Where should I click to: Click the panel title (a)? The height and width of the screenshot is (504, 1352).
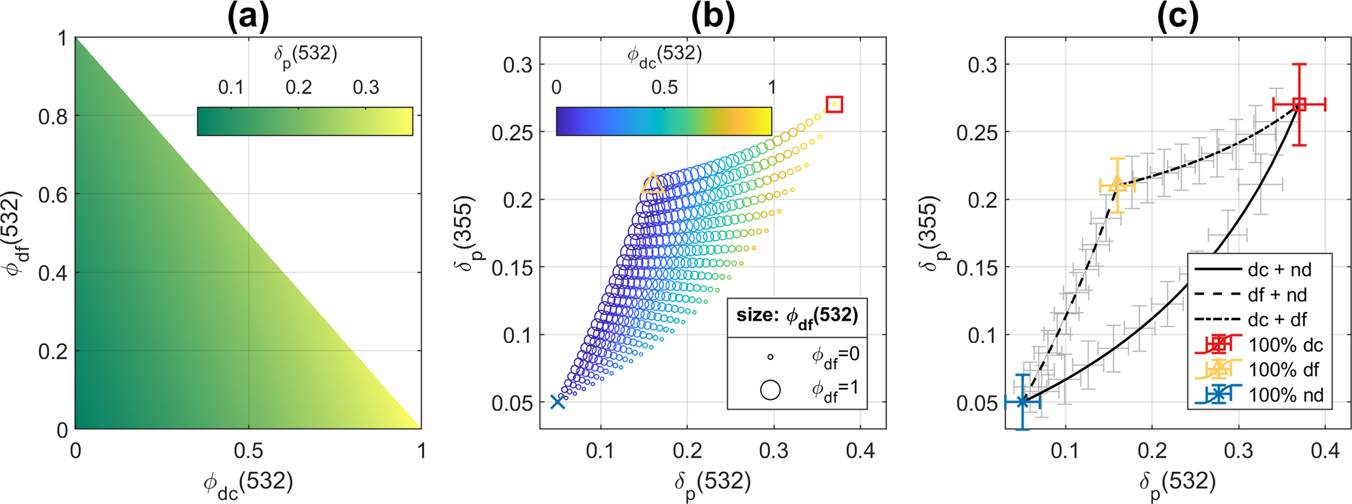(x=248, y=17)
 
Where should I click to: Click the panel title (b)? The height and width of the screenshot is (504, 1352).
(x=712, y=17)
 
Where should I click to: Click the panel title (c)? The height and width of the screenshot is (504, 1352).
(x=1177, y=17)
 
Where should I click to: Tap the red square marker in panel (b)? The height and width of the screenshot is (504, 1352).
(x=834, y=104)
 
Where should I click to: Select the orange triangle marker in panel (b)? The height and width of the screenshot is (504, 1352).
(x=652, y=183)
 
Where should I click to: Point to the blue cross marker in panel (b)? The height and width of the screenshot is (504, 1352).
(x=557, y=402)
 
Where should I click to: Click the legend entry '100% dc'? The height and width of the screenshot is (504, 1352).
(x=1285, y=345)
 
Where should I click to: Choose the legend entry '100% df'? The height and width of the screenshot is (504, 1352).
(x=1285, y=370)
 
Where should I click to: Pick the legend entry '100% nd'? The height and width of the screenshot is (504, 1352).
(x=1285, y=395)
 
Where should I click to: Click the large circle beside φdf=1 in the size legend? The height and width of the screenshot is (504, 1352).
(x=771, y=389)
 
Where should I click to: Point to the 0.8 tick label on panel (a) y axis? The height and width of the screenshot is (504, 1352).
(x=53, y=117)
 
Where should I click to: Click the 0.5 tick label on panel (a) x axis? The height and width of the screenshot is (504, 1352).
(x=249, y=451)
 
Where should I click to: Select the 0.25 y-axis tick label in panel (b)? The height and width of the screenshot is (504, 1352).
(x=511, y=132)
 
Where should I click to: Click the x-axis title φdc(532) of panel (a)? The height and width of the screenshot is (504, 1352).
(x=249, y=484)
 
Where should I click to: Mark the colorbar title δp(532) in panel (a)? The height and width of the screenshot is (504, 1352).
(x=305, y=55)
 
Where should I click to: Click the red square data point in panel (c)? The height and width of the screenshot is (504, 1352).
(x=1299, y=104)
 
